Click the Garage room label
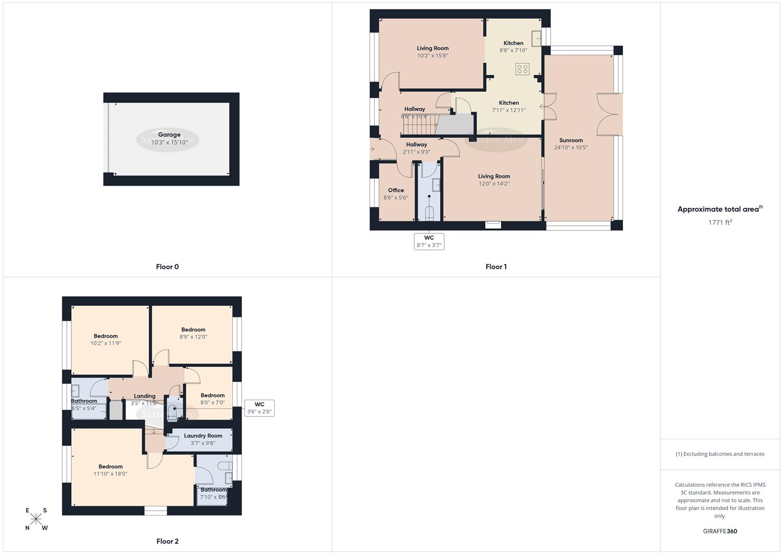click(x=169, y=135)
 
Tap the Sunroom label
click(x=571, y=140)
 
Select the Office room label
click(x=395, y=190)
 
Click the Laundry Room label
click(x=203, y=436)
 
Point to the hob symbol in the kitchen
click(x=522, y=69)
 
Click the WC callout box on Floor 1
click(x=429, y=241)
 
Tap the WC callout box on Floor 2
click(x=259, y=408)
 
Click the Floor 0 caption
click(x=167, y=267)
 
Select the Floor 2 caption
click(x=167, y=541)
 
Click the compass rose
click(x=36, y=519)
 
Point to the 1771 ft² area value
click(x=720, y=222)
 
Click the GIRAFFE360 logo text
click(x=720, y=531)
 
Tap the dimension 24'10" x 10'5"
click(x=571, y=148)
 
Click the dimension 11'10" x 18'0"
click(x=110, y=474)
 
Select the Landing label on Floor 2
click(x=145, y=396)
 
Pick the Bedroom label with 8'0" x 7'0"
click(x=212, y=395)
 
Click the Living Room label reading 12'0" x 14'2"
click(x=494, y=176)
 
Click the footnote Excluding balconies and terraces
click(x=720, y=454)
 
